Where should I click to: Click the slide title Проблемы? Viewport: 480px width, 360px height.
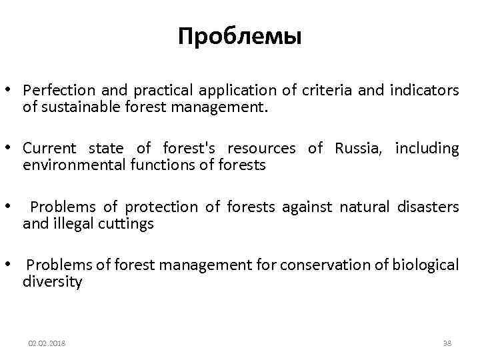coord(240,37)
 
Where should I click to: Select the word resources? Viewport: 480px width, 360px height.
coord(263,148)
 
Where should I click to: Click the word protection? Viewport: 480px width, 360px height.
coord(162,207)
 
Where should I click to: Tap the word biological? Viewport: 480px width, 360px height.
coord(425,265)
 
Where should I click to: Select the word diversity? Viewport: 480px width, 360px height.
coord(53,281)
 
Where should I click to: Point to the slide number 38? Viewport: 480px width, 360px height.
coord(447,343)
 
